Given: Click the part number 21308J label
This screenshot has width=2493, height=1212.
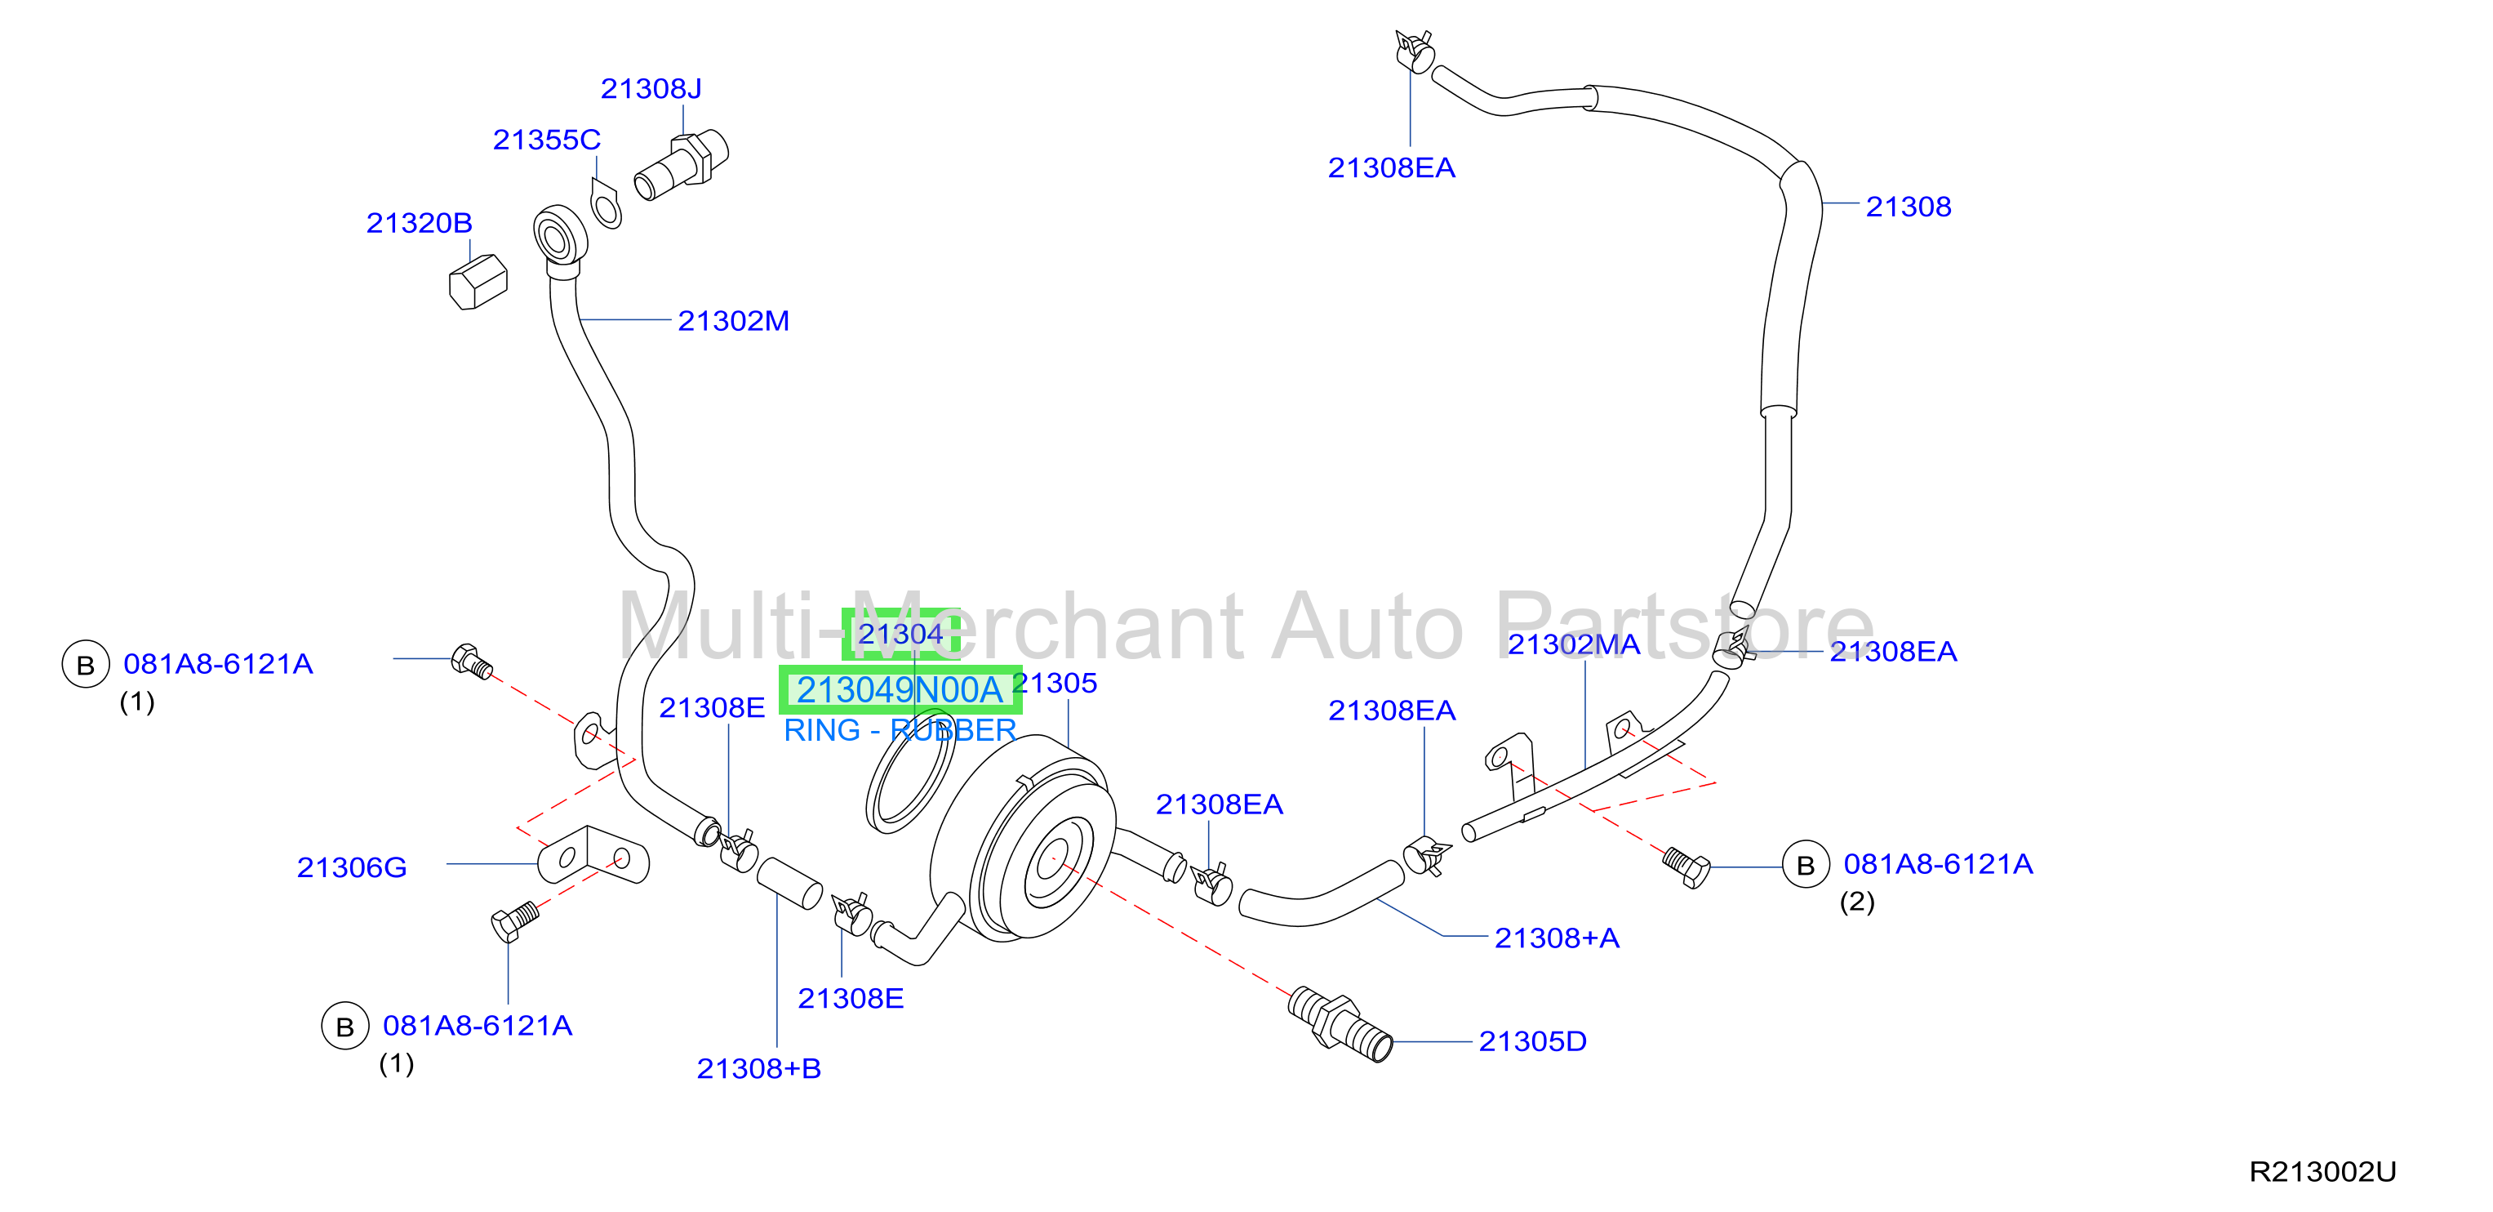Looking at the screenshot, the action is click(651, 89).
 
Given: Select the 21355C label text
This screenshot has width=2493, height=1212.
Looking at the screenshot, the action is click(546, 140).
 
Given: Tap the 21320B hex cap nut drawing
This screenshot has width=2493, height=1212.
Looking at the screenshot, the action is click(478, 282).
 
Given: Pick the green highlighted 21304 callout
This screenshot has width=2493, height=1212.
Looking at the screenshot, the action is click(900, 634).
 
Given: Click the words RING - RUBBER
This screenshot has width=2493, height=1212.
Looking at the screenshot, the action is click(899, 731).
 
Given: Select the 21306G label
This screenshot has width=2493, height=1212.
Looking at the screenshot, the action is click(351, 867).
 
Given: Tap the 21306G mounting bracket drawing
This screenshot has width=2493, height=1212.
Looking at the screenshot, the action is click(593, 856).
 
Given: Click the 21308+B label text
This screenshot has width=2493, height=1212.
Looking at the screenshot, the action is click(758, 1069).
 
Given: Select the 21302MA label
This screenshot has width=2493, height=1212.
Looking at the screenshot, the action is click(1574, 644).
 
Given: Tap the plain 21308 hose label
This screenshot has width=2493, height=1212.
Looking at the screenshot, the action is click(1908, 207).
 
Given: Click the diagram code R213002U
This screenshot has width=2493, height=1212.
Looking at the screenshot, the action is click(2322, 1172).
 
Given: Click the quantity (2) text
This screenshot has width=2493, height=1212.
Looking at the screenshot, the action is click(1856, 902).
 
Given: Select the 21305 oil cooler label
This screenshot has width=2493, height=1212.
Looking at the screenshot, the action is click(1055, 684).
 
